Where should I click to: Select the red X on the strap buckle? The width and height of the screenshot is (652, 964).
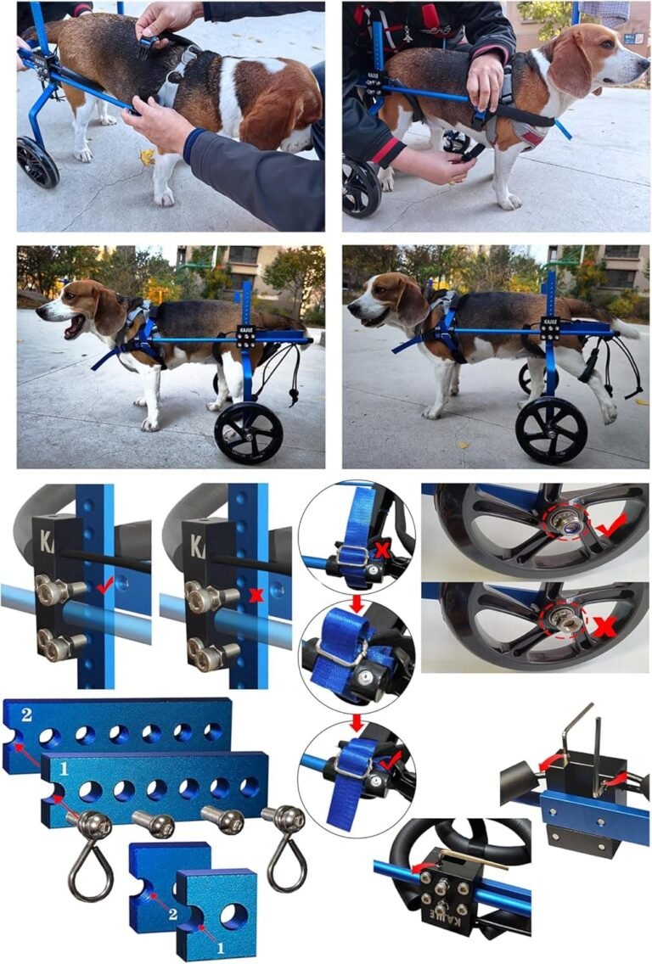[382, 550]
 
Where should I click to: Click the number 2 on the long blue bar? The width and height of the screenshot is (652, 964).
[25, 715]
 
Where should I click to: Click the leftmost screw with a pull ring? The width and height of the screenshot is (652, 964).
[89, 849]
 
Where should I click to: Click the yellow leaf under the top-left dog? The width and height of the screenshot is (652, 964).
[148, 157]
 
